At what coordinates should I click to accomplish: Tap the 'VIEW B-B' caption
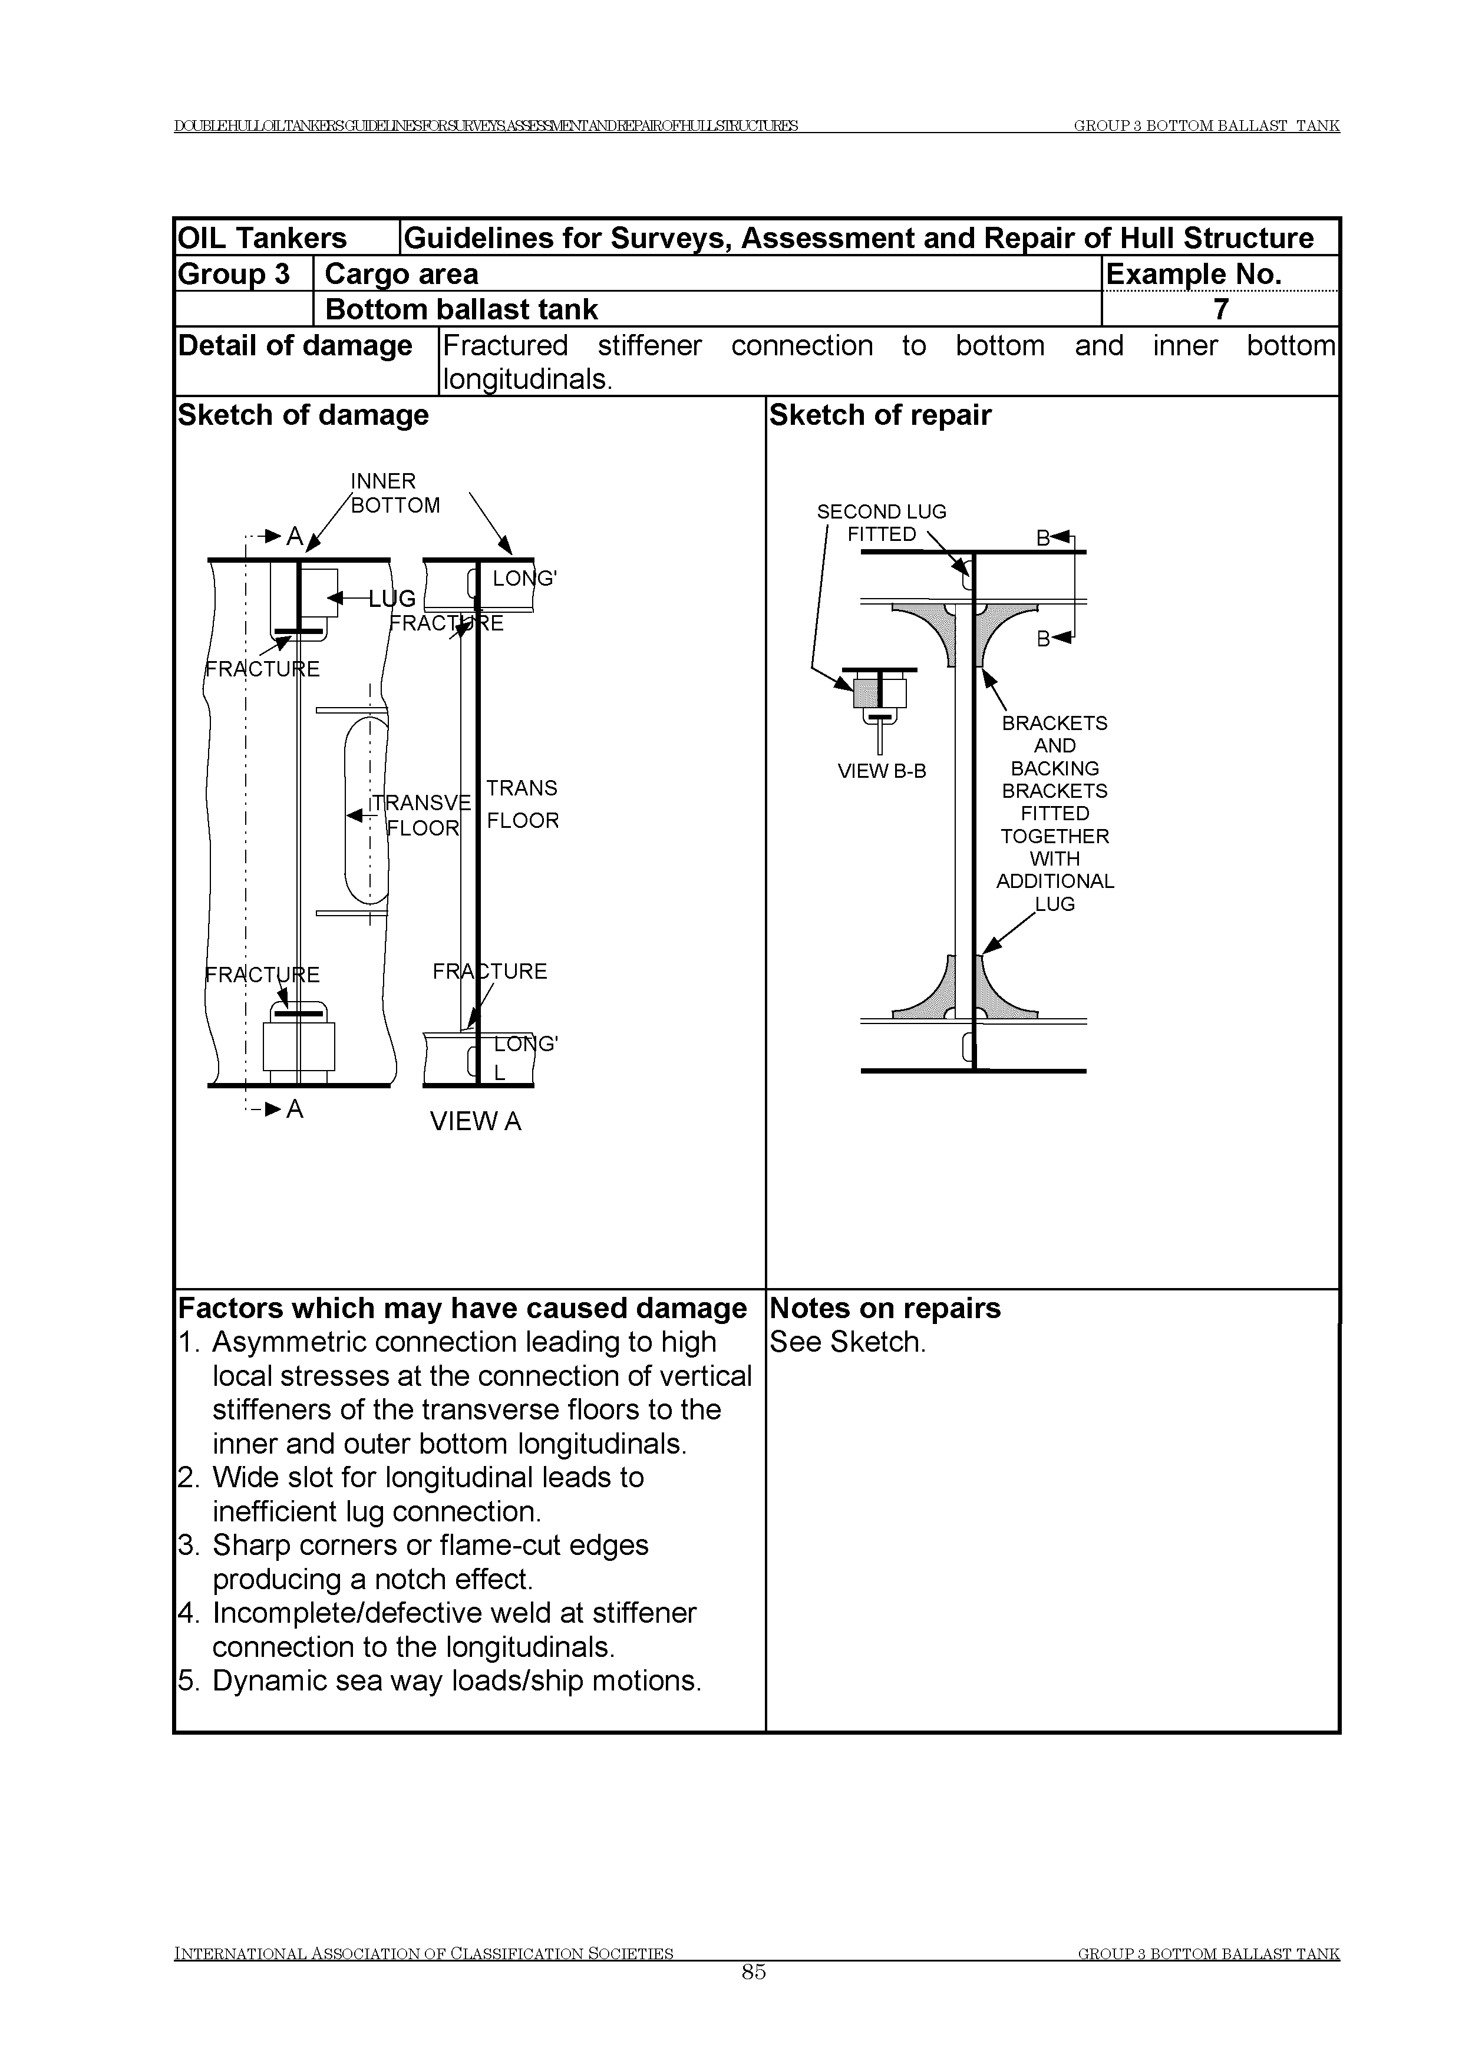[x=882, y=771]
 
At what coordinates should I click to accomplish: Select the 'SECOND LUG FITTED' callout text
[x=882, y=523]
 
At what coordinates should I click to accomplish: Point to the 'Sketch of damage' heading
[x=303, y=415]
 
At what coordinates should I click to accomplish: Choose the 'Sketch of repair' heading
[x=880, y=415]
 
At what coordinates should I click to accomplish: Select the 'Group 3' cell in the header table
[x=234, y=273]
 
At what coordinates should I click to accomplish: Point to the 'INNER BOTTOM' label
[x=394, y=493]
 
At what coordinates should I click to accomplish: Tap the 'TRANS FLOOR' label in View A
[x=522, y=804]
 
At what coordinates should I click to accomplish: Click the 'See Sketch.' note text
[x=847, y=1342]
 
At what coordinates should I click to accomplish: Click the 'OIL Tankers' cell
[x=262, y=237]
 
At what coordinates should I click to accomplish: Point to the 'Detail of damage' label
[x=295, y=346]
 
